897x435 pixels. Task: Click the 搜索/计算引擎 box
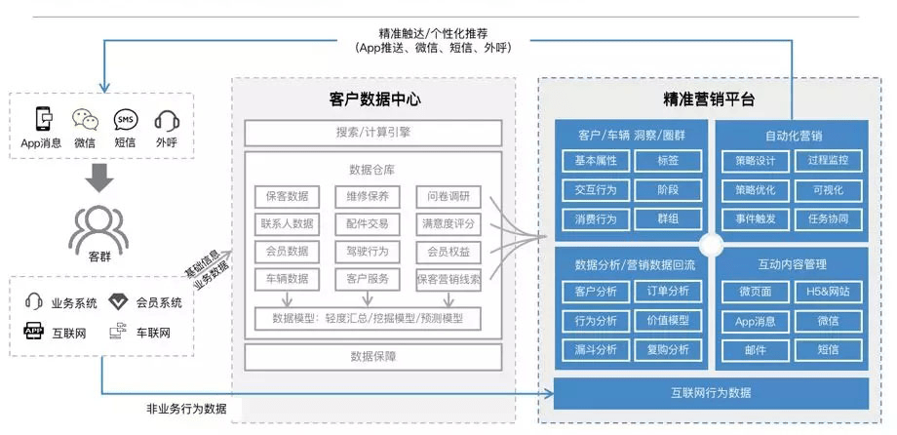(372, 133)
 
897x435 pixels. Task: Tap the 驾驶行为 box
(367, 252)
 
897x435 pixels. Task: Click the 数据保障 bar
(372, 357)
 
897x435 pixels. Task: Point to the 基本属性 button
(595, 161)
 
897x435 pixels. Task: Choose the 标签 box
(668, 161)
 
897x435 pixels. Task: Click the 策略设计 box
(755, 161)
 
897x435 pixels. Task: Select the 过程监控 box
(828, 161)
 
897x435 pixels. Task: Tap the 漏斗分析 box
(595, 349)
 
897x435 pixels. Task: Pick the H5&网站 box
(828, 292)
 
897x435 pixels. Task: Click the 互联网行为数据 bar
(710, 393)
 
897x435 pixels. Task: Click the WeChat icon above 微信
(86, 120)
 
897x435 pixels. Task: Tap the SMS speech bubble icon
(126, 120)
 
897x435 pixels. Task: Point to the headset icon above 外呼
(166, 120)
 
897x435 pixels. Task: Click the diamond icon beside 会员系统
(118, 301)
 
